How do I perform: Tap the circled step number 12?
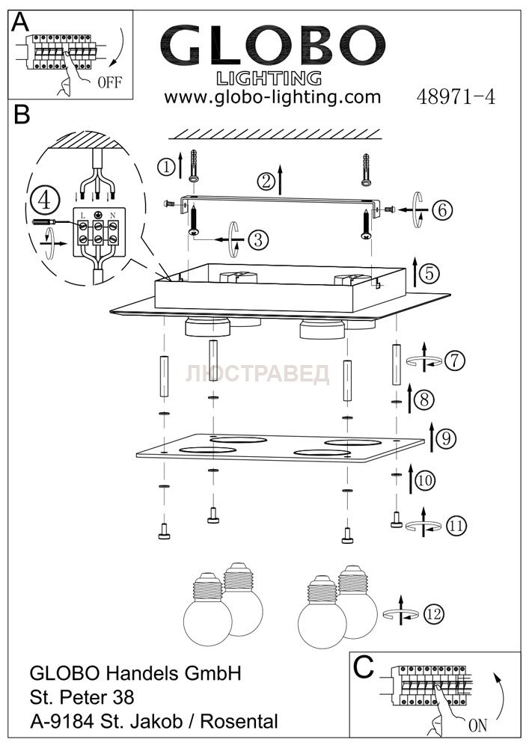(x=432, y=614)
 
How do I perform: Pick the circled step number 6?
(x=442, y=210)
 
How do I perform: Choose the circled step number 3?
(x=256, y=239)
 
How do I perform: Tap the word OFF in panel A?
(x=108, y=82)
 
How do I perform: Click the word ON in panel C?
(x=477, y=725)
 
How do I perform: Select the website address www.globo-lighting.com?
(x=272, y=97)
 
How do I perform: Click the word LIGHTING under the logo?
(x=269, y=78)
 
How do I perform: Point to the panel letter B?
(x=22, y=114)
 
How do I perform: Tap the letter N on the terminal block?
(x=113, y=215)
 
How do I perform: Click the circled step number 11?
(x=456, y=526)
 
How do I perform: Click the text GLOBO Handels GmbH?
(x=135, y=673)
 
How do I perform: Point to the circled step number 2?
(x=265, y=180)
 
